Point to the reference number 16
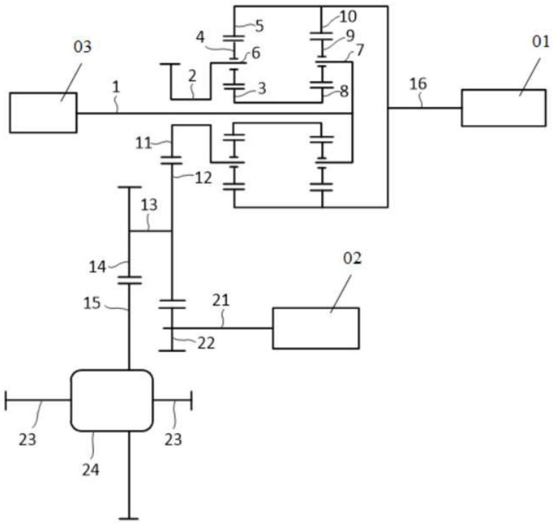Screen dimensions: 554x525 (418, 84)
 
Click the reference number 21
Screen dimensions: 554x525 (221, 300)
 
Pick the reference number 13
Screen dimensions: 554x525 (148, 205)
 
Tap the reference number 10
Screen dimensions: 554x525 (348, 16)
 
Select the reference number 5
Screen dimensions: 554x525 (260, 27)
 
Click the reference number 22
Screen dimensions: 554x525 (206, 343)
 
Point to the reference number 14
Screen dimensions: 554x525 (97, 267)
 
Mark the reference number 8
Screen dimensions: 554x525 (345, 91)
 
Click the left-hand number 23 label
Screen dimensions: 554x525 (27, 440)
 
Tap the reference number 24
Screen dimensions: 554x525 (91, 470)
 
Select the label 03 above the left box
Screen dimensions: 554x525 (83, 47)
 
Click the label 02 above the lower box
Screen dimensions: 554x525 (352, 259)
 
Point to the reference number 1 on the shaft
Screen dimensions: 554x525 (116, 87)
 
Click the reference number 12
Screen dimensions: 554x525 (203, 178)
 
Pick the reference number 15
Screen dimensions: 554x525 (92, 303)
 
